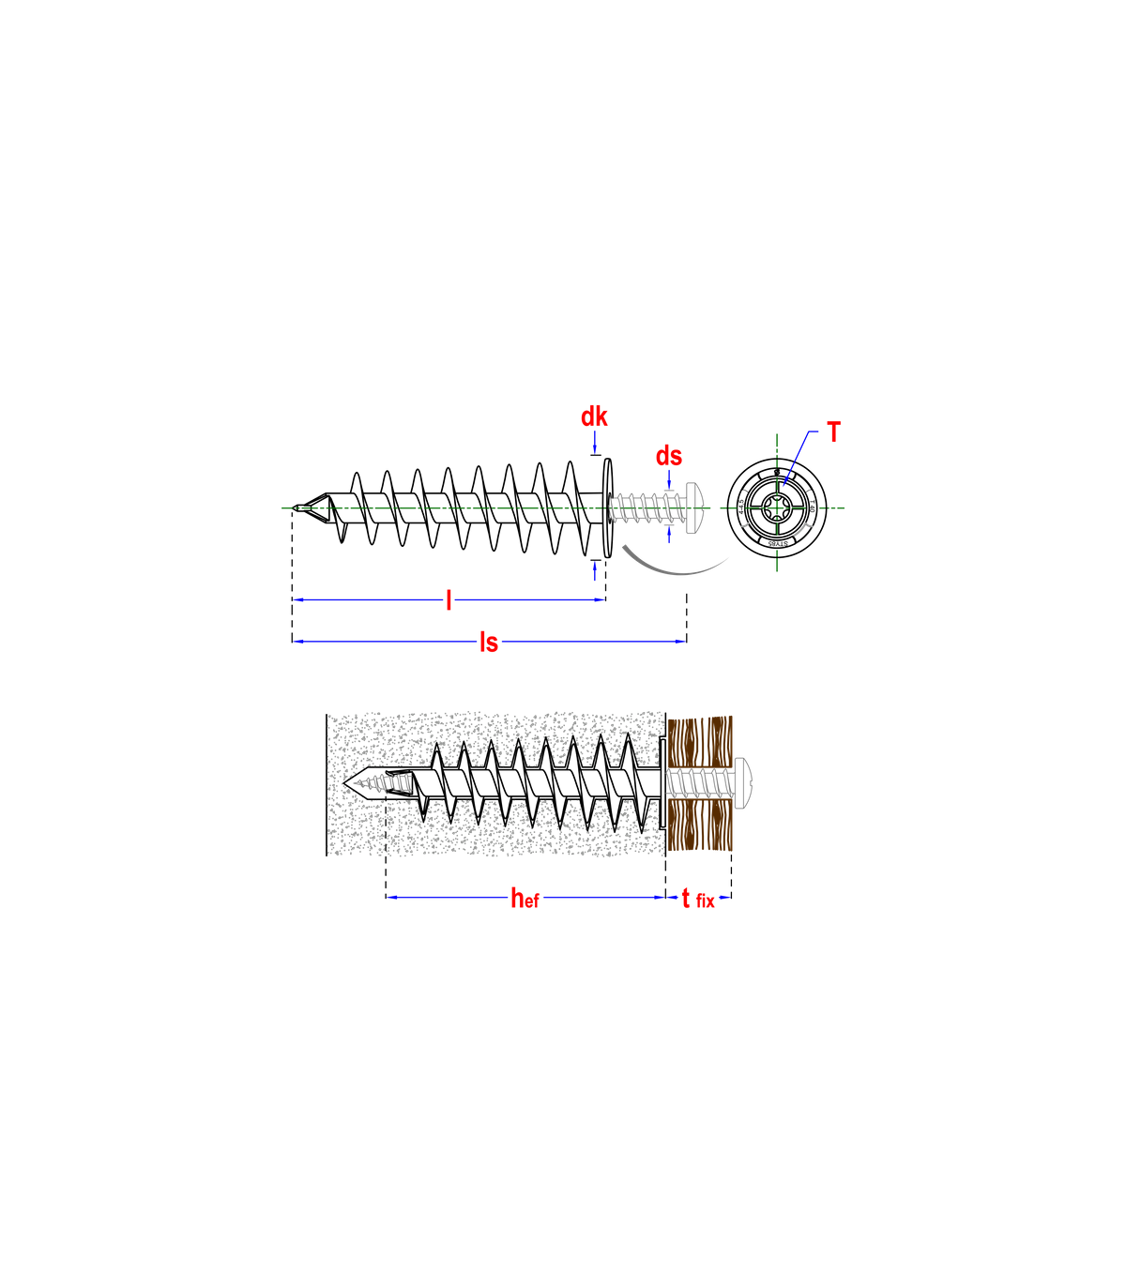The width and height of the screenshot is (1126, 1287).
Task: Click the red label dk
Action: pyautogui.click(x=594, y=416)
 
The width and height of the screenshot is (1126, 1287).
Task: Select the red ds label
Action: pyautogui.click(x=669, y=456)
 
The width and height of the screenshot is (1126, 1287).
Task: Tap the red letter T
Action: pyautogui.click(x=833, y=432)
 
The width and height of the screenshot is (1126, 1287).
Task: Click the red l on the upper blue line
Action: pyautogui.click(x=449, y=599)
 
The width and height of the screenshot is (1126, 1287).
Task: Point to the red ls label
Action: pyautogui.click(x=489, y=643)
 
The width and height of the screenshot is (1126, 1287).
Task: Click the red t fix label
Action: pyautogui.click(x=697, y=899)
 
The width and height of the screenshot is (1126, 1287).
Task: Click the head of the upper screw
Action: pyautogui.click(x=695, y=508)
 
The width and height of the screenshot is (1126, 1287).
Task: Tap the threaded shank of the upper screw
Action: pyautogui.click(x=647, y=508)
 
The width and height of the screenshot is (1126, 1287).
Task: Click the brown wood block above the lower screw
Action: pyautogui.click(x=700, y=741)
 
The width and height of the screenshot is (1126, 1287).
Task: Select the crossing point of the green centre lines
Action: pyautogui.click(x=777, y=508)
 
